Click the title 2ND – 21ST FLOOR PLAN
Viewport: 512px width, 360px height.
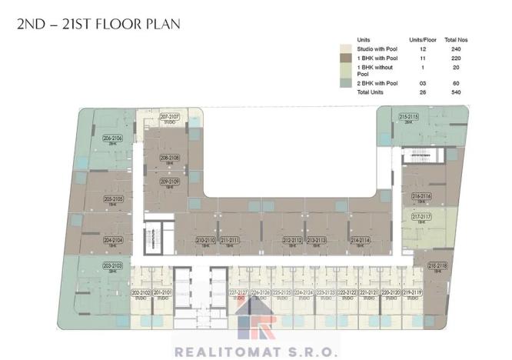click(x=98, y=24)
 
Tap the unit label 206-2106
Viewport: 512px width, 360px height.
click(x=112, y=138)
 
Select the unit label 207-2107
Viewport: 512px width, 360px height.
click(x=169, y=117)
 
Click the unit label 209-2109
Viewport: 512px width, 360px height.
click(x=170, y=181)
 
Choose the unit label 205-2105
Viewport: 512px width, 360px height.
click(x=113, y=198)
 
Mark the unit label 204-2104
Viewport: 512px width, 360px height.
click(x=113, y=240)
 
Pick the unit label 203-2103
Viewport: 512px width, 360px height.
click(x=112, y=266)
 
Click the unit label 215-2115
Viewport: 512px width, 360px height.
click(x=408, y=116)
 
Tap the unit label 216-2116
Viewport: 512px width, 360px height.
click(x=421, y=196)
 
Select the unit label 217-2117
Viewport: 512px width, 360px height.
click(x=421, y=217)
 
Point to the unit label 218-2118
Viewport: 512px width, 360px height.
click(x=437, y=265)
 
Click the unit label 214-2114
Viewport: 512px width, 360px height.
click(x=361, y=240)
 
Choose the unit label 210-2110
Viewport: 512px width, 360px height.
click(x=204, y=240)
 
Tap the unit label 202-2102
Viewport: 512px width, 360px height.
click(x=140, y=293)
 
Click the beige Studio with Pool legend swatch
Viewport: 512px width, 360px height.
click(x=347, y=48)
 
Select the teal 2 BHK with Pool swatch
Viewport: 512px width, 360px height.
click(x=347, y=82)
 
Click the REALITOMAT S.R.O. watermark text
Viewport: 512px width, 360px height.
click(x=257, y=351)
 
